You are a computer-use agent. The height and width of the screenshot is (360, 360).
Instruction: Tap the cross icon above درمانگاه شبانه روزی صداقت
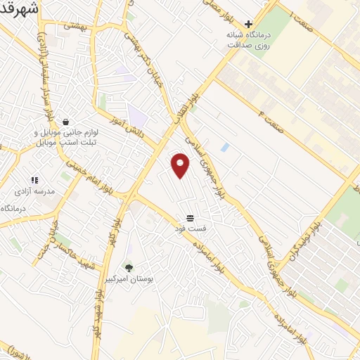coord(248,23)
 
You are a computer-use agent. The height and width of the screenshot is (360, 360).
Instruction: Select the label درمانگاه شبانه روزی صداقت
coord(248,39)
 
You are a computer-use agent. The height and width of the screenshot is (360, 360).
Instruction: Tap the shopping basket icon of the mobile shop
coord(65,121)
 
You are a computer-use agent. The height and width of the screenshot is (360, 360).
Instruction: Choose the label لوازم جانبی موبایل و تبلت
coord(65,136)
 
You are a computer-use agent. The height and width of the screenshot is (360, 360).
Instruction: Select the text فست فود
coord(190,229)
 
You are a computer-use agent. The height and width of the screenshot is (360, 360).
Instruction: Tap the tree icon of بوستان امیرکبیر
coord(128,267)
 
